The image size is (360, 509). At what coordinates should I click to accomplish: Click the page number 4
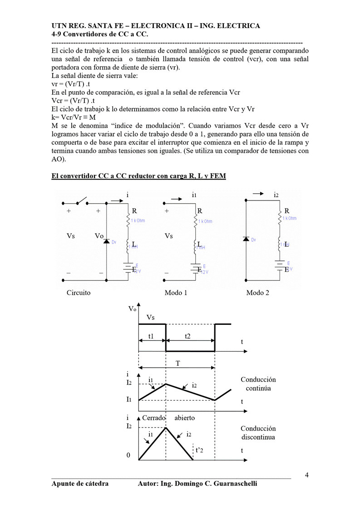(x=307, y=475)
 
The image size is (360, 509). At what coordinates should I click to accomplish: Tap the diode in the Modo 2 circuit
(x=246, y=239)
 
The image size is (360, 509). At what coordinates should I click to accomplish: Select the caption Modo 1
(x=176, y=293)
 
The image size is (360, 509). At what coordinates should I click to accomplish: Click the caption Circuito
(x=79, y=293)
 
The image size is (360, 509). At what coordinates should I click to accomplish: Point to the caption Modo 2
(x=257, y=293)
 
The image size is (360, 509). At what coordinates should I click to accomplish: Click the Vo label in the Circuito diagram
(x=99, y=236)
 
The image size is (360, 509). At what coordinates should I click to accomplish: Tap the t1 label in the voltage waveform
(x=151, y=337)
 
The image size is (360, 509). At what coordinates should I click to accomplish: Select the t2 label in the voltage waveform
(x=188, y=337)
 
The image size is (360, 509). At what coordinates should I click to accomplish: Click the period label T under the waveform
(x=178, y=363)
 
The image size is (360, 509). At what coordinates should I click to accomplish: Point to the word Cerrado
(x=154, y=418)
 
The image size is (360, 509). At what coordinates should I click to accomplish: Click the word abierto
(x=185, y=418)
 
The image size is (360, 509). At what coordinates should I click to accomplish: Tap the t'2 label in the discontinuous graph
(x=200, y=450)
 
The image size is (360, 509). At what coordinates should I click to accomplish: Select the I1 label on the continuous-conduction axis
(x=129, y=400)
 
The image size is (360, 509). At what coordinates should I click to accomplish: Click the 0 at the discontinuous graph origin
(x=128, y=455)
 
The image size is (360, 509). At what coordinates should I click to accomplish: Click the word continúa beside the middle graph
(x=258, y=388)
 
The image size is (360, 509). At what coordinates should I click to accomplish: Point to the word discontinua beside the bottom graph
(x=258, y=437)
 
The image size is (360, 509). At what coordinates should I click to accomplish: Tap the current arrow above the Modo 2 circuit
(x=258, y=194)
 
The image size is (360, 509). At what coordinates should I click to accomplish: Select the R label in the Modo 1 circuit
(x=200, y=211)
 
